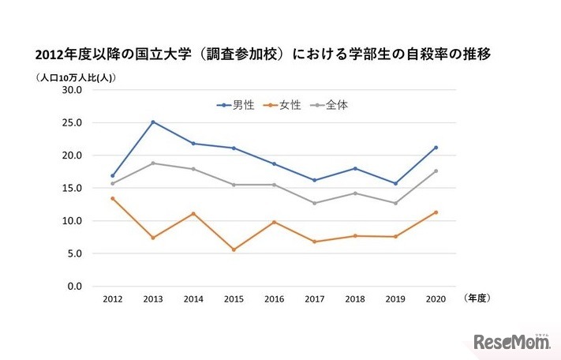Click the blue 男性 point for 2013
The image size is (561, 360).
pos(152,122)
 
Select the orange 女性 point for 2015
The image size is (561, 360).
pos(234,249)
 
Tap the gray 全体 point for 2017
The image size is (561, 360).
pos(315,203)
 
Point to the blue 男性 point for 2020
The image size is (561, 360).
pos(436,148)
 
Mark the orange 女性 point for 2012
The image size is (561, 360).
pos(112,198)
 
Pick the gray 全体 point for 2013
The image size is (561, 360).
pos(152,163)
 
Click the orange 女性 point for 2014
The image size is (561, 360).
pos(193,214)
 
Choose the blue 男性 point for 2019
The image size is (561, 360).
pos(395,183)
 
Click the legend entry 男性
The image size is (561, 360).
pos(237,105)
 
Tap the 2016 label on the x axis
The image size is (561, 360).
pos(274,300)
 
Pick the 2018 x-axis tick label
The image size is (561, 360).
pos(355,300)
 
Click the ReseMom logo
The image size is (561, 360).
pos(511,342)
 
